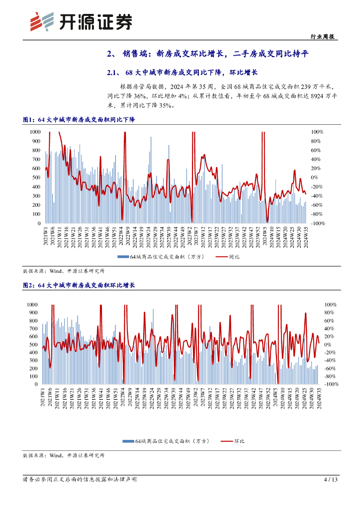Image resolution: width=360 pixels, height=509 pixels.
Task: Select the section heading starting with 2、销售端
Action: coord(208,54)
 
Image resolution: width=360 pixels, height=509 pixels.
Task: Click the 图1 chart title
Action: coord(83,120)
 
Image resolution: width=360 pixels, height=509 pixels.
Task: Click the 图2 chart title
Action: coord(83,285)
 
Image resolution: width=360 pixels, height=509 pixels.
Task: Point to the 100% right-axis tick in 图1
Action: coord(317,132)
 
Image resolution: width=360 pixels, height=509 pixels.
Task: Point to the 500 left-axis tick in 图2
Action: coord(33,344)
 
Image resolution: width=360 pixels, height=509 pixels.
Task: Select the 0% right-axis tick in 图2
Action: coord(328,344)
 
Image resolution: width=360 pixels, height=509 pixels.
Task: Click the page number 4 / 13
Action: coord(331,480)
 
